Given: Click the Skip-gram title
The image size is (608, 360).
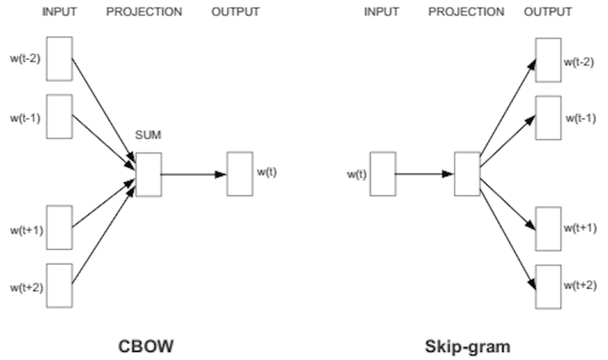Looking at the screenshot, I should coord(458,344).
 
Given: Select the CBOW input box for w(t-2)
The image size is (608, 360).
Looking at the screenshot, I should coord(60,58).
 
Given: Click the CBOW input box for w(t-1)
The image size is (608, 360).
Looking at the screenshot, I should coord(60,116).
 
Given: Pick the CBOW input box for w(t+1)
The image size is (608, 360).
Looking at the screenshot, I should coord(60,227).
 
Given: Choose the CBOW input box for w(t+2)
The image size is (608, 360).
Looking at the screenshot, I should coord(60,284).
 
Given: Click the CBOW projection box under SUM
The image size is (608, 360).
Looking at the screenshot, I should coord(148,174).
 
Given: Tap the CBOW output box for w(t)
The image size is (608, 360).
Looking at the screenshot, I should coord(239,174).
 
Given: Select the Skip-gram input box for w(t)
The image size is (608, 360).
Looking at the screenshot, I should coord(383,173).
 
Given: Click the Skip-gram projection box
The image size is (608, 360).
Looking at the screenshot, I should coord(467,173).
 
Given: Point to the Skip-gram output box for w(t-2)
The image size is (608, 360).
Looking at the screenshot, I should coord(548,58).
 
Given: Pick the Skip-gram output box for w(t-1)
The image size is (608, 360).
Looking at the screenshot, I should coord(548,116).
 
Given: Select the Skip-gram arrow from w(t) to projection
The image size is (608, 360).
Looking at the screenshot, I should coord(425,173).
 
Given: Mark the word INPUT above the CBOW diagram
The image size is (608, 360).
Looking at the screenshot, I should coord(60,12).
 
